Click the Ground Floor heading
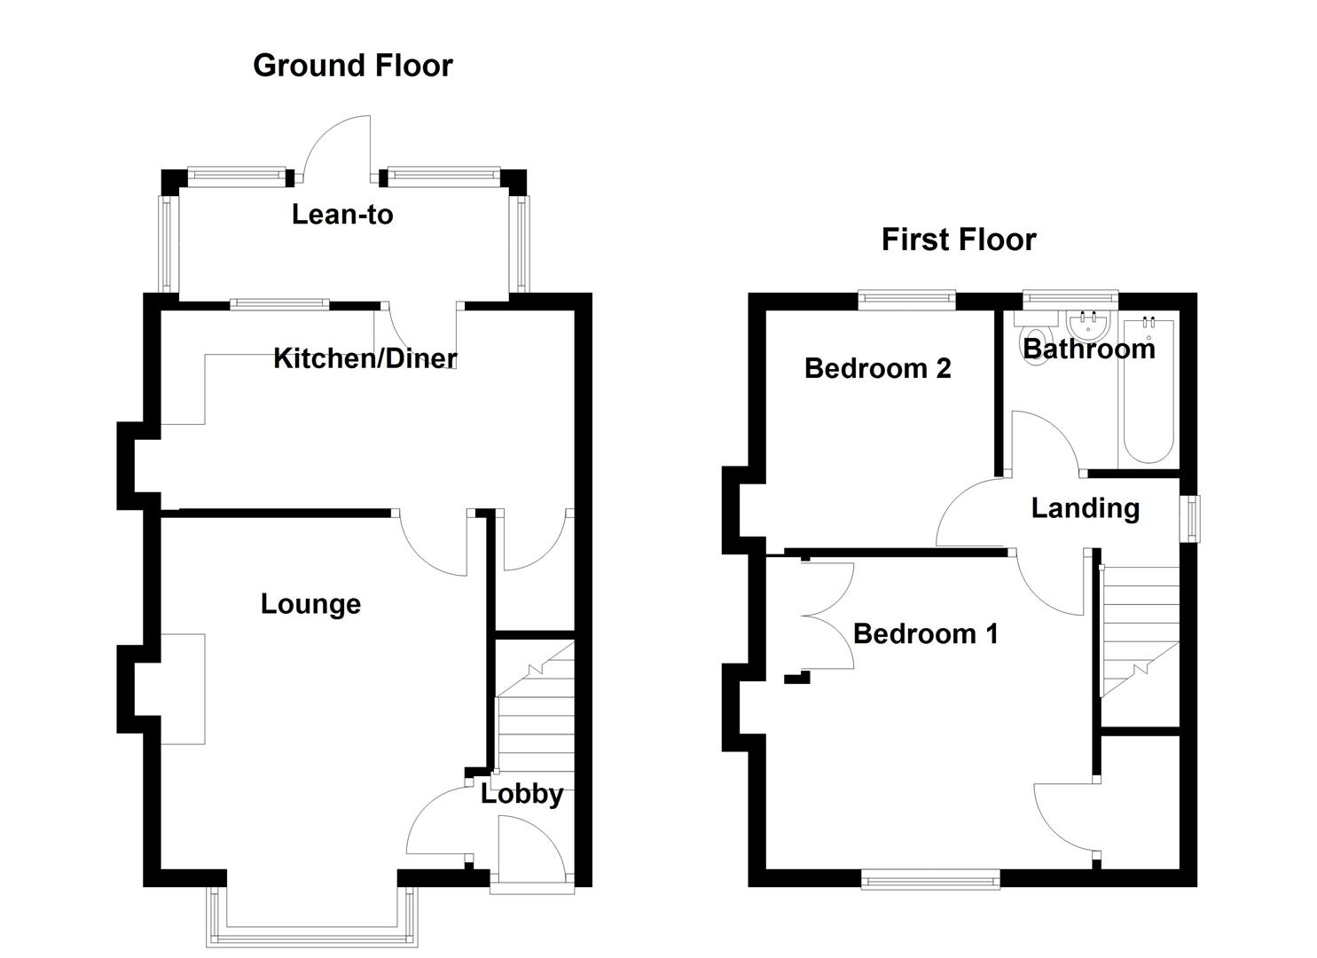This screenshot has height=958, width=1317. pyautogui.click(x=352, y=66)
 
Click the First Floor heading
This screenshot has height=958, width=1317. pyautogui.click(x=958, y=239)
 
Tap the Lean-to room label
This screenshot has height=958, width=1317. pyautogui.click(x=342, y=215)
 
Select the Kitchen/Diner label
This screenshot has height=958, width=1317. pyautogui.click(x=365, y=358)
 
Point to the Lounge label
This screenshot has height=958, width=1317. pyautogui.click(x=310, y=604)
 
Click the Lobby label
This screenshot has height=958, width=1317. pyautogui.click(x=521, y=794)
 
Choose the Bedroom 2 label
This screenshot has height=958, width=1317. pyautogui.click(x=877, y=368)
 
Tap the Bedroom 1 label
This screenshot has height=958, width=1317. pyautogui.click(x=925, y=633)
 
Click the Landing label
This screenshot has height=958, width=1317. pyautogui.click(x=1085, y=508)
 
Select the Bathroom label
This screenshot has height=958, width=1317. pyautogui.click(x=1089, y=349)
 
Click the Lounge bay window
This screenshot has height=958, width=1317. pyautogui.click(x=311, y=931)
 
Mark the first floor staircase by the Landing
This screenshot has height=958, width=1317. pyautogui.click(x=1140, y=630)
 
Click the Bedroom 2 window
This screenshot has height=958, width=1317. pyautogui.click(x=905, y=300)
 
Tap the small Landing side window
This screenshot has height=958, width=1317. pyautogui.click(x=1193, y=517)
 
